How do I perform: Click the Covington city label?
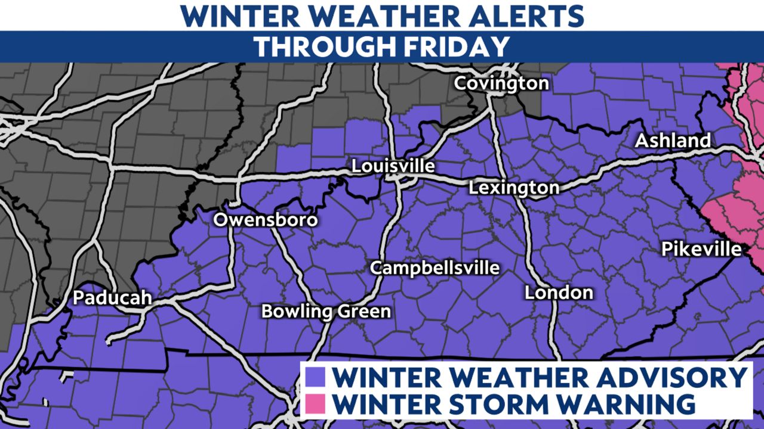(x=501, y=83)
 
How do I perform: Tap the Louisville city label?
(x=393, y=166)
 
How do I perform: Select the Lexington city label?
(x=514, y=188)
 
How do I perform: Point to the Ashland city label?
(x=673, y=141)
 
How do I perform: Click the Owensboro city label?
(x=266, y=220)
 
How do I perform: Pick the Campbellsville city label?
(x=435, y=268)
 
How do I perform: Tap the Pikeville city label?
(x=701, y=249)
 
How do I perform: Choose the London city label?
(x=559, y=293)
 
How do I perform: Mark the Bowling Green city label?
(x=326, y=311)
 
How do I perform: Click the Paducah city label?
(x=112, y=298)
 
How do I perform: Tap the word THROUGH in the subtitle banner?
(x=319, y=46)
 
